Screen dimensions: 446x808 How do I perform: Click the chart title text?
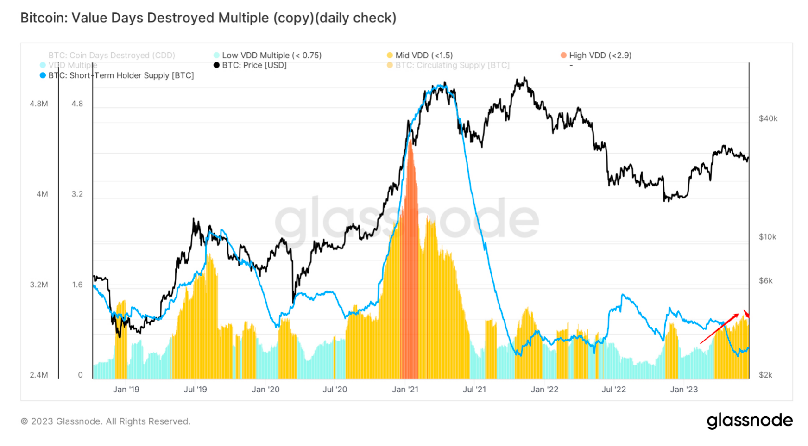coord(208,18)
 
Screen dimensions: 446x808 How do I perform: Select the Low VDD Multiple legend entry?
coord(271,56)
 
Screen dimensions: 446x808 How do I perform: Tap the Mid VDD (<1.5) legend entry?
coord(424,56)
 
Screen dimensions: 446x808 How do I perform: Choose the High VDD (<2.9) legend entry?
coord(600,56)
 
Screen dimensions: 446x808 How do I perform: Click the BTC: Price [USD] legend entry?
coord(254,65)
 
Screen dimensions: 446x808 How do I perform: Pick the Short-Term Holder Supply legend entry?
coord(121,75)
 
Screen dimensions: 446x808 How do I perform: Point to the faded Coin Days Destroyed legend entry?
coord(112,56)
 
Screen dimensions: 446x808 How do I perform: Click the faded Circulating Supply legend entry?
coord(452,65)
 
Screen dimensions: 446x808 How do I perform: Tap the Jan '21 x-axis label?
coord(405,390)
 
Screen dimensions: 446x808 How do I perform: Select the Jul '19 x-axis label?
coord(195,390)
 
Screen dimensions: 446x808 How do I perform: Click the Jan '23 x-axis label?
coord(684,390)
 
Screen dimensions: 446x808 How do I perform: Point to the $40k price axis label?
coord(768,119)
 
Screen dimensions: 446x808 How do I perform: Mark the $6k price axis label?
coord(765,281)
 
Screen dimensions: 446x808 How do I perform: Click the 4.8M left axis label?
coord(39,104)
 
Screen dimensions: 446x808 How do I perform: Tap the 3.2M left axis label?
coord(39,285)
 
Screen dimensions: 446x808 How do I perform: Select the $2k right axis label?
coord(765,375)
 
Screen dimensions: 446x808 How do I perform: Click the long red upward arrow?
coord(719,329)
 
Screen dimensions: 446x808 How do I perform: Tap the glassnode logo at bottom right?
coord(750,421)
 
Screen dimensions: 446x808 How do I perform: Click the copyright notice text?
coord(106,421)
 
